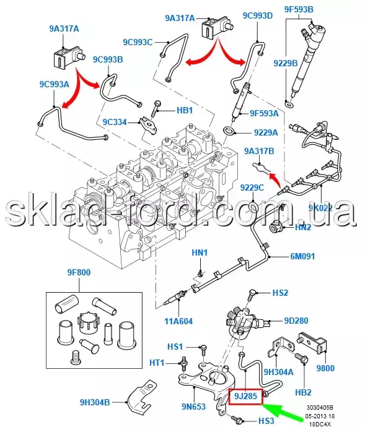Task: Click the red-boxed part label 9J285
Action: pyautogui.click(x=245, y=396)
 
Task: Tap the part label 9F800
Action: pyautogui.click(x=79, y=272)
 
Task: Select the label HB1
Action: pyautogui.click(x=185, y=110)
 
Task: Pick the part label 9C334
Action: pyautogui.click(x=115, y=122)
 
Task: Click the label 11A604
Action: pyautogui.click(x=178, y=321)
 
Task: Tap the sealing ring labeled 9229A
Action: pyautogui.click(x=229, y=130)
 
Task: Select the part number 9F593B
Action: pyautogui.click(x=299, y=9)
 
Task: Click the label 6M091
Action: pyautogui.click(x=302, y=256)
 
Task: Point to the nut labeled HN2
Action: pyautogui.click(x=275, y=226)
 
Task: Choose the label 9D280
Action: pyautogui.click(x=296, y=321)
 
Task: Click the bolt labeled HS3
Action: pyautogui.click(x=236, y=418)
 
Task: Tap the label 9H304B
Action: pyautogui.click(x=95, y=402)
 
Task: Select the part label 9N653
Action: pyautogui.click(x=193, y=407)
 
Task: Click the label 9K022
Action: pyautogui.click(x=320, y=208)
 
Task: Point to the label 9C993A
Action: pyautogui.click(x=55, y=84)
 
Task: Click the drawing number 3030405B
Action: pyautogui.click(x=320, y=408)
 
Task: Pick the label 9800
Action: pyautogui.click(x=325, y=368)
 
